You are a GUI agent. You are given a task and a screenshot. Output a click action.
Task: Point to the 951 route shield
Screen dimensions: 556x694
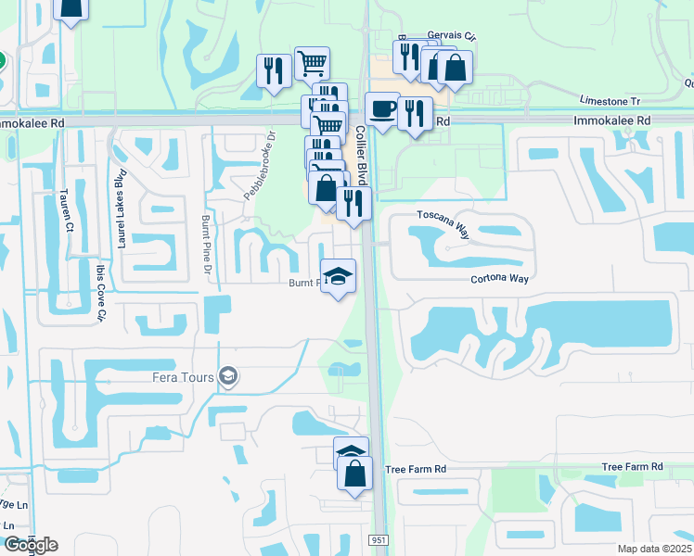[x=379, y=540]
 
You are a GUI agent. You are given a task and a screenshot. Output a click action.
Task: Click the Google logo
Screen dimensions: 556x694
[x=30, y=544]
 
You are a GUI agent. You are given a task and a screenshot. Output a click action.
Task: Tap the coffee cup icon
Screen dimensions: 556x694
[x=381, y=108]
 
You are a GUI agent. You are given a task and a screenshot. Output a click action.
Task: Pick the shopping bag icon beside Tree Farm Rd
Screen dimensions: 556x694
[x=354, y=473]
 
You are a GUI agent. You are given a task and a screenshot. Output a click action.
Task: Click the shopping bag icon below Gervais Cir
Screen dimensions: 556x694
[x=455, y=67]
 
